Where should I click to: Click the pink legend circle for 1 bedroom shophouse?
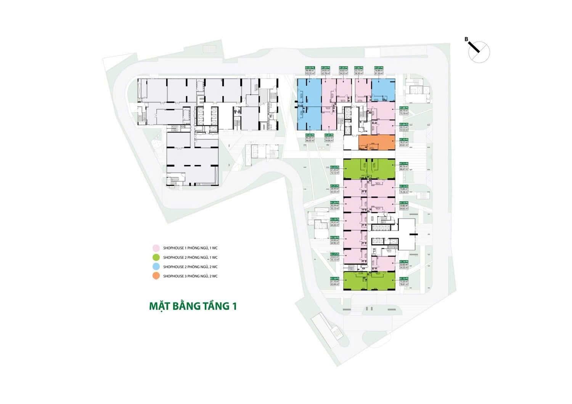click(156, 248)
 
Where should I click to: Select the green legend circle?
click(156, 257)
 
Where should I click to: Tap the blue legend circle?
click(156, 267)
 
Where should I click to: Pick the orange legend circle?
click(156, 276)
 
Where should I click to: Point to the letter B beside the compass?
click(466, 39)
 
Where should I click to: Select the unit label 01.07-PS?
click(379, 68)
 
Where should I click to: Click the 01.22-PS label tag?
click(334, 167)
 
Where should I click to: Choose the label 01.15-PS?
click(404, 279)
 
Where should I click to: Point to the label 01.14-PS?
click(404, 261)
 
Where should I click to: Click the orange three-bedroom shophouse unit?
click(377, 142)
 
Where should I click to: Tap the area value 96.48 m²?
click(309, 70)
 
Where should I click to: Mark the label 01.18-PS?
click(334, 237)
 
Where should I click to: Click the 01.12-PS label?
click(404, 186)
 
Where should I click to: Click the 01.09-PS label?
click(404, 124)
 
